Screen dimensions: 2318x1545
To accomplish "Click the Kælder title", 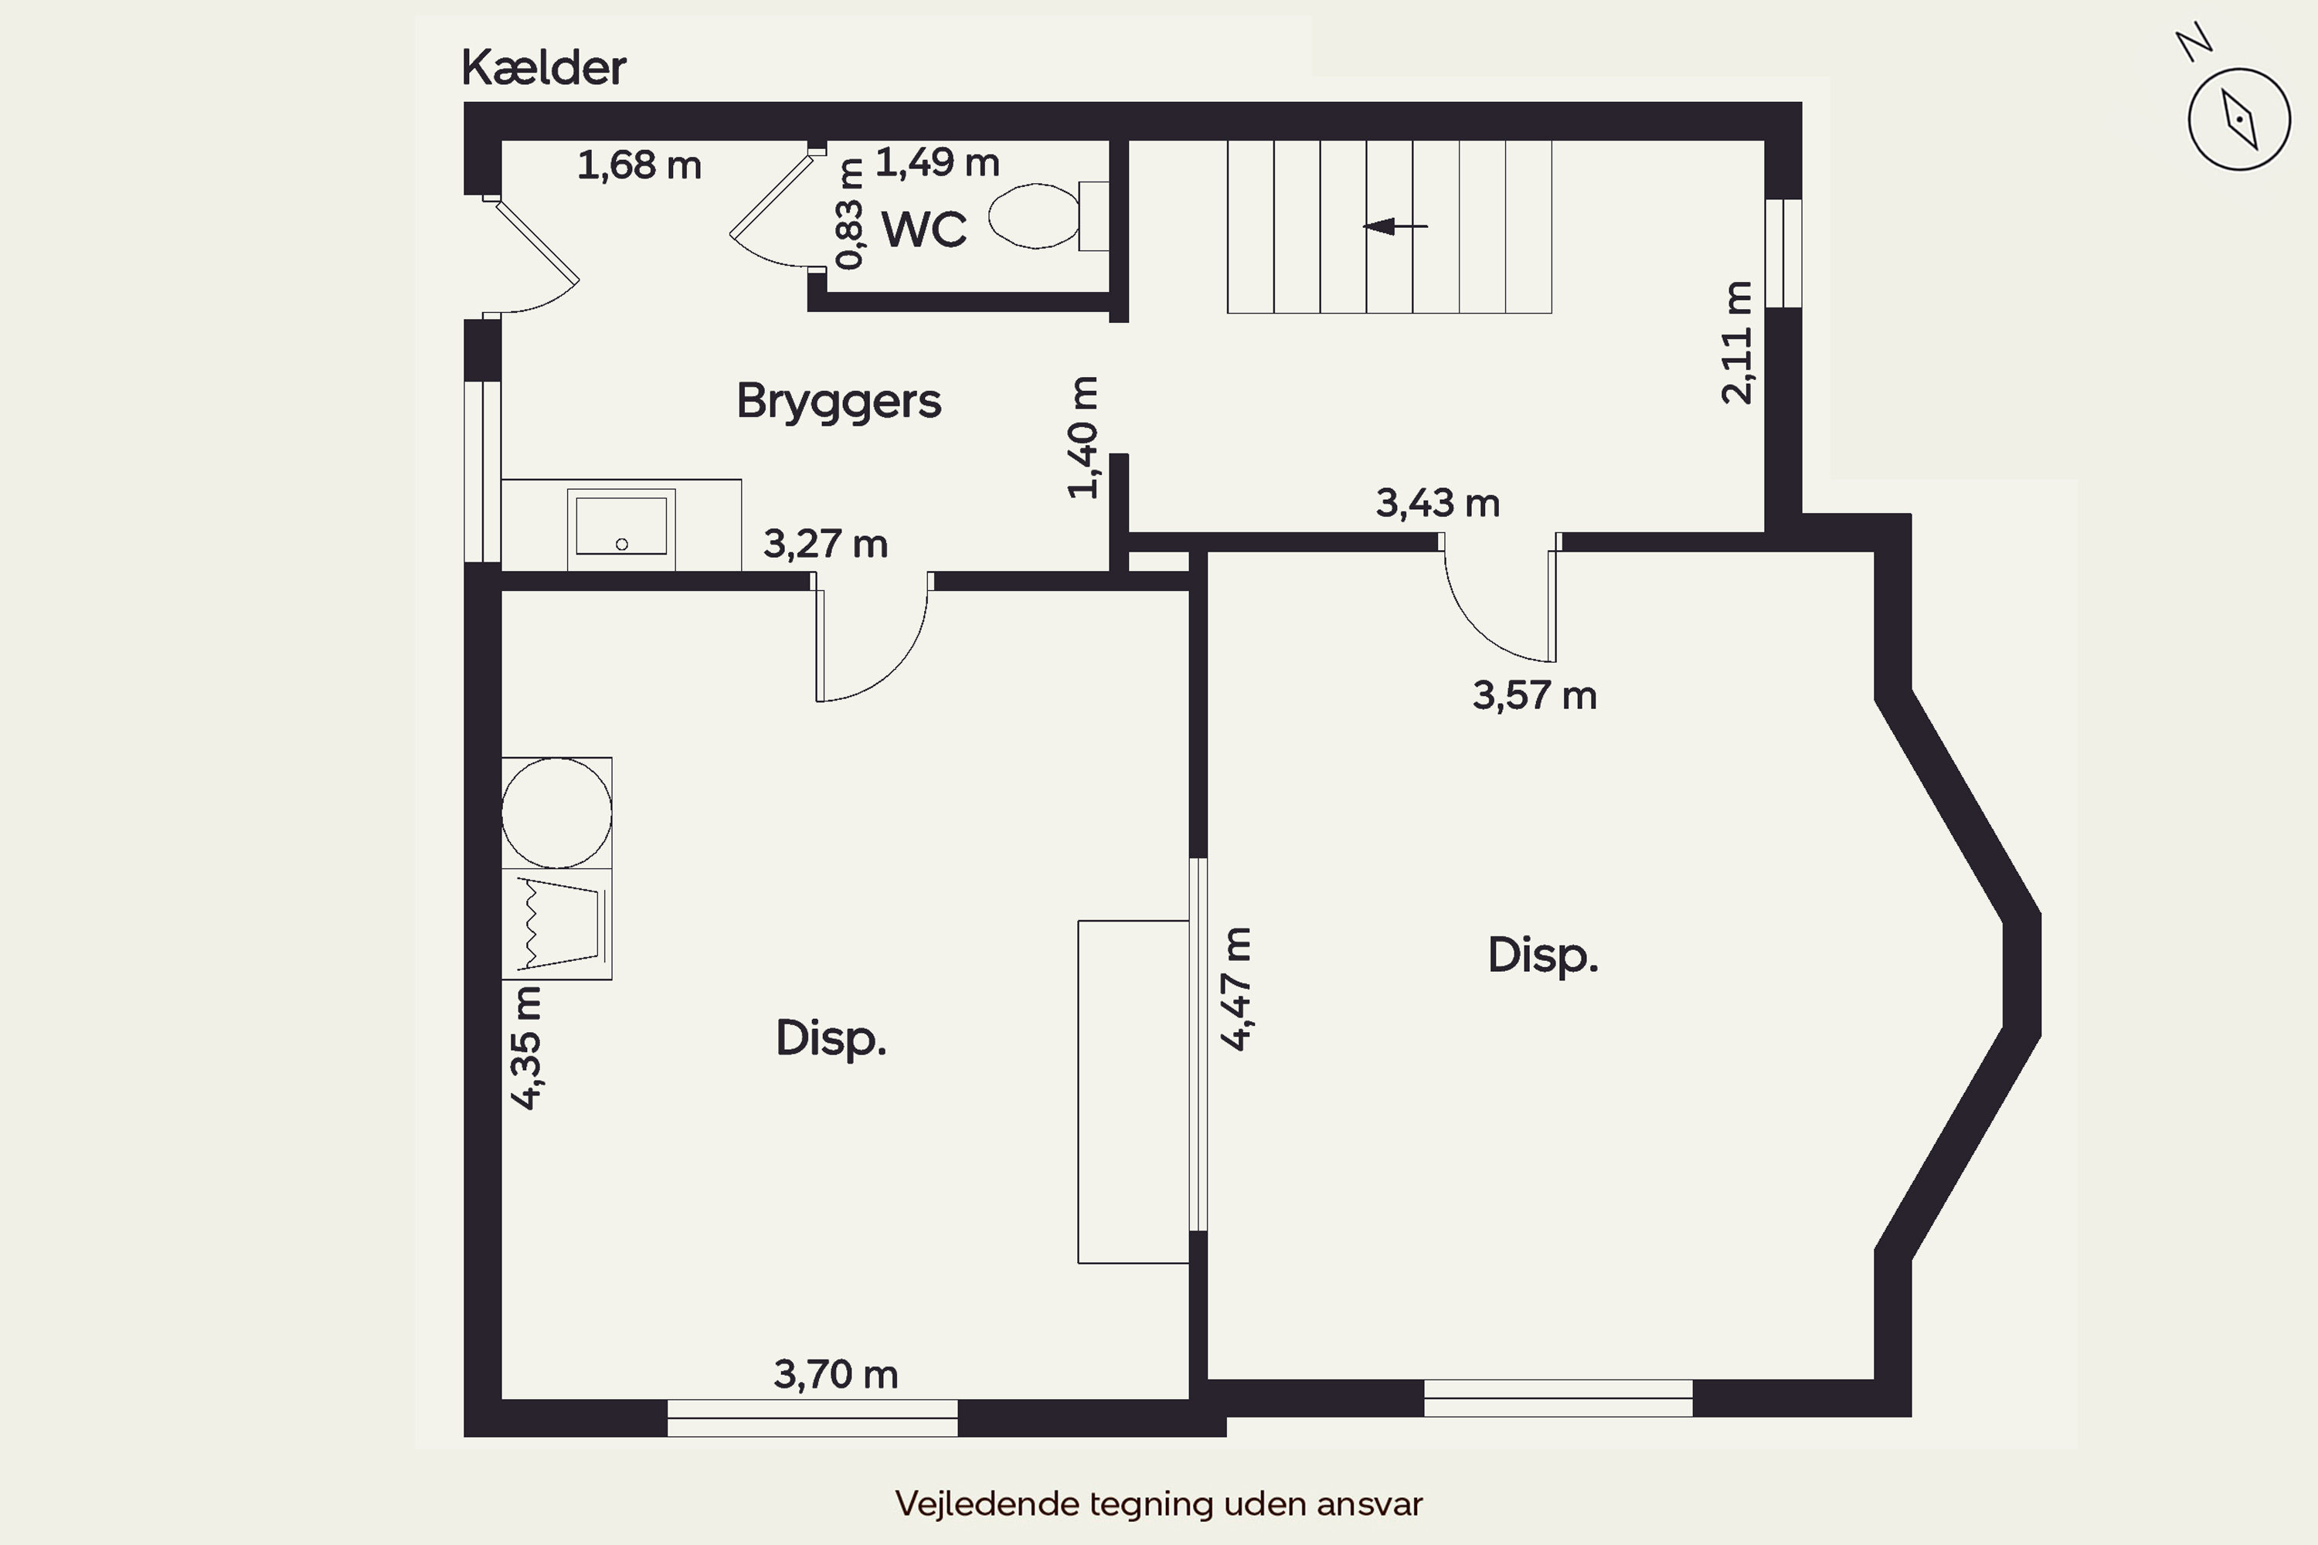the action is (x=543, y=67).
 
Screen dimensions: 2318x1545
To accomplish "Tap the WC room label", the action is (x=923, y=229).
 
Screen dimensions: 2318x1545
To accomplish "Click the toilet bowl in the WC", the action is (x=1034, y=216).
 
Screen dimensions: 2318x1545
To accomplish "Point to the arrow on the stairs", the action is (x=1395, y=226).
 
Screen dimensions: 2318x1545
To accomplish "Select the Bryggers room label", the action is (x=838, y=401).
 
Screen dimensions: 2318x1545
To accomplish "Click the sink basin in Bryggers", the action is (x=621, y=526).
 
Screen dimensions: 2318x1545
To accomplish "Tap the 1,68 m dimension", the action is (x=639, y=165).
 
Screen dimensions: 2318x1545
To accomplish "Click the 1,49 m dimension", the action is (x=937, y=162).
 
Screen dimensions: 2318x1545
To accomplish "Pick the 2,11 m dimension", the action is (x=1738, y=343).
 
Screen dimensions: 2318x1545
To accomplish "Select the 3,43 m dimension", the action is (x=1438, y=504).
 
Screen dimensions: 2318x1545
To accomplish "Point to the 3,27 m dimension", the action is (x=826, y=544).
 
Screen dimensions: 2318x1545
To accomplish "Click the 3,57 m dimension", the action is (x=1535, y=696).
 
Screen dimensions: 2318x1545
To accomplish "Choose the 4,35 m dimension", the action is (x=526, y=1048).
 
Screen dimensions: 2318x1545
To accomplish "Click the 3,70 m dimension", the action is (x=836, y=1374).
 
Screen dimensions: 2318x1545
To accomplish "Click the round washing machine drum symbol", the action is (x=557, y=813).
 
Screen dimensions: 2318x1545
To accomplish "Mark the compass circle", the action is (x=2239, y=69).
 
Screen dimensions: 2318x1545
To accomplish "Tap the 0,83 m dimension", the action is (x=849, y=214).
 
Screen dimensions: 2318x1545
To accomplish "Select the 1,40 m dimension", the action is (x=1083, y=437).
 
